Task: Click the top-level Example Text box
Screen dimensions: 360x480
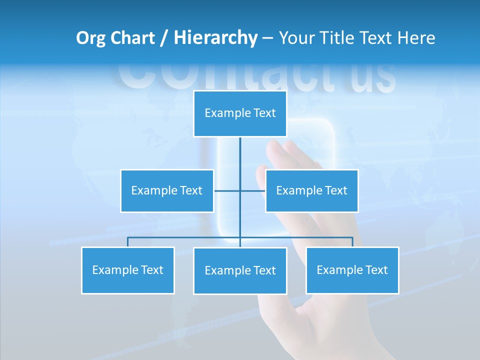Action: click(240, 113)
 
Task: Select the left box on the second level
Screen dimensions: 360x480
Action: click(167, 190)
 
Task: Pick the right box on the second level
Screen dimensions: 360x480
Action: click(311, 190)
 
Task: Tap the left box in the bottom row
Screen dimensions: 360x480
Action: click(127, 270)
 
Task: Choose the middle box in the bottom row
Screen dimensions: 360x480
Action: click(240, 270)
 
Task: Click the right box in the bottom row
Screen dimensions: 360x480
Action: click(352, 270)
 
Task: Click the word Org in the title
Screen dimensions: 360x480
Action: click(90, 38)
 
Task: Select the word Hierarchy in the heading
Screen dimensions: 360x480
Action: click(215, 38)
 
